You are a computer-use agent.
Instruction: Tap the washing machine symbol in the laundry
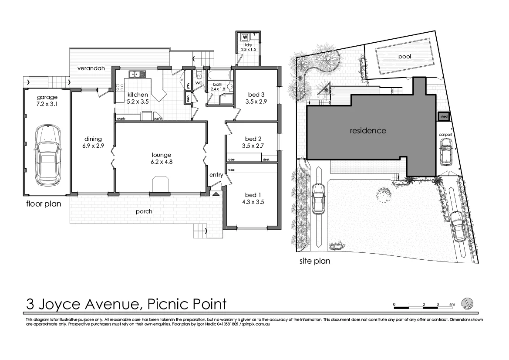coord(244,37)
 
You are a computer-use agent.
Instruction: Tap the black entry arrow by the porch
coord(216,194)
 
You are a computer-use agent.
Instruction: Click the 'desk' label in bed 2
coord(266,160)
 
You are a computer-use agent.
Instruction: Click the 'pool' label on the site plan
coord(404,57)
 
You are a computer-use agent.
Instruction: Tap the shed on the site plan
coord(444,117)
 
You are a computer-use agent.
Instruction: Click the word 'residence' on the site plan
coord(368,130)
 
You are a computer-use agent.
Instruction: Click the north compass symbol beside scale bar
coord(467,303)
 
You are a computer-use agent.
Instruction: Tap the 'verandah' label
coord(90,68)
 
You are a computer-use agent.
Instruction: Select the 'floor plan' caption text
coord(44,204)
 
